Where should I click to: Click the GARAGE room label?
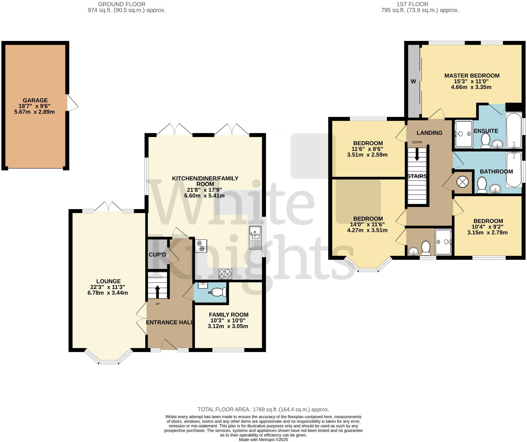coord(35,100)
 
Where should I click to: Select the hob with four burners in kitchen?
coord(225,274)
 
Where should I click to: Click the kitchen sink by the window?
coord(255,237)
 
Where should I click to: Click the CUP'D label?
coord(157,255)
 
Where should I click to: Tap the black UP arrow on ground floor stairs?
coord(157,291)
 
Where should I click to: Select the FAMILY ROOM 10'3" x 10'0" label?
coord(228,317)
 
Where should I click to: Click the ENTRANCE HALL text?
coord(169,322)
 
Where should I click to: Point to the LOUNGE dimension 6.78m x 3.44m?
coord(108,293)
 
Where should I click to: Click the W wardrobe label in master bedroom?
coord(413,81)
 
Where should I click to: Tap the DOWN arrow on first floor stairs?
coord(417,154)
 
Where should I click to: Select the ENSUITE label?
coord(486,131)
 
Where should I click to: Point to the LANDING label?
coord(429,133)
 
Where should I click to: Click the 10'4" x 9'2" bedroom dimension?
coord(488,227)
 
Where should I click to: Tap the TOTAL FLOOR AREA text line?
coord(263,409)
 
